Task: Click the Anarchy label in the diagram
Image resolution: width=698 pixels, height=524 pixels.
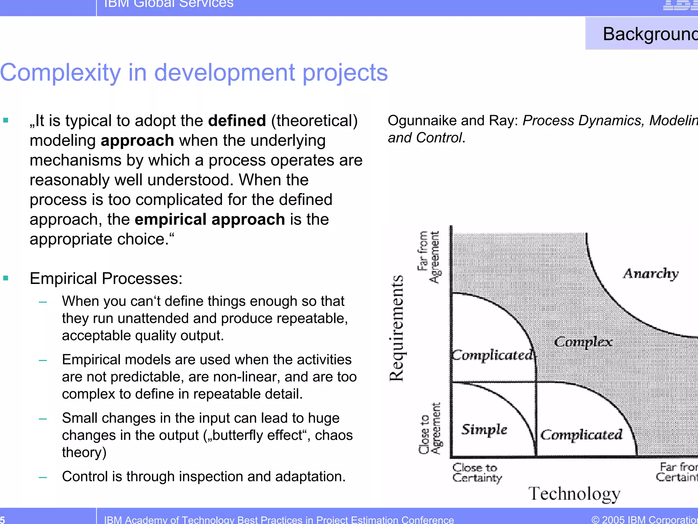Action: tap(651, 274)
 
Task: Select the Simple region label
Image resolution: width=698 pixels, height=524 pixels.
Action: tap(484, 430)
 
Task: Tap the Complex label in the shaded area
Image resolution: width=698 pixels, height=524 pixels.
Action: tap(583, 342)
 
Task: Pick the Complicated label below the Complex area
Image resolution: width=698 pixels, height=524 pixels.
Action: tap(581, 435)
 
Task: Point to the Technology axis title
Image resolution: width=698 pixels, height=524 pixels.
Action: tap(574, 494)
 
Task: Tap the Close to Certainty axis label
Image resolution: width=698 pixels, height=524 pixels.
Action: tap(476, 473)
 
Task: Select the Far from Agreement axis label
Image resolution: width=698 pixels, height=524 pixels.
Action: tap(428, 257)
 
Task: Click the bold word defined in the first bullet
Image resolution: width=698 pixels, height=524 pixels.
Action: tap(237, 121)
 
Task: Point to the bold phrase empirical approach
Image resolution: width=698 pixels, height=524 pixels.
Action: tap(210, 220)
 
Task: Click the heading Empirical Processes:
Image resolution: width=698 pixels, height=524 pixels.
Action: tap(106, 279)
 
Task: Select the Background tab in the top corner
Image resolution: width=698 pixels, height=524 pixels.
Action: tap(648, 34)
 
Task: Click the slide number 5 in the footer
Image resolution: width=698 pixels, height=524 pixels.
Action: tap(3, 520)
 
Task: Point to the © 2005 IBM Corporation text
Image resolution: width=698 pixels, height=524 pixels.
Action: tap(644, 520)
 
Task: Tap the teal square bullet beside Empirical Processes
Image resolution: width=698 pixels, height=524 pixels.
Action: tap(5, 278)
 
